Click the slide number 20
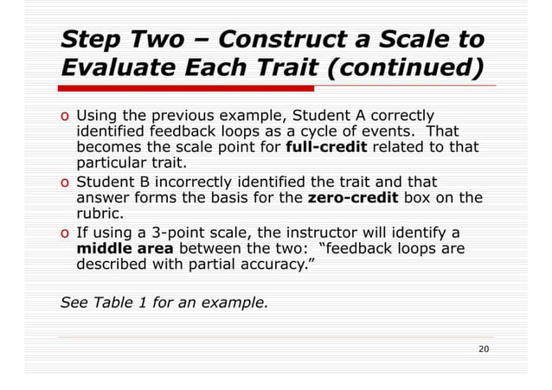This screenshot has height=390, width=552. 485,348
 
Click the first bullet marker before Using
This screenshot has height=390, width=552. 65,114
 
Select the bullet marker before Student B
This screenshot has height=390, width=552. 65,182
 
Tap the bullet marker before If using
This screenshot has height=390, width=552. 65,233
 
